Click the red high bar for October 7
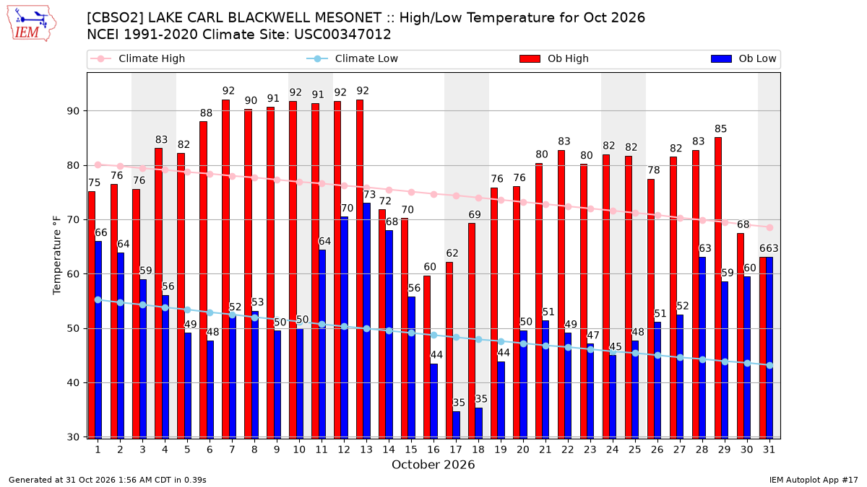(x=225, y=269)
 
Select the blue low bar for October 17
(x=457, y=425)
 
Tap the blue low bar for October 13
(x=366, y=321)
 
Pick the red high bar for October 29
(x=718, y=288)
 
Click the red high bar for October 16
(x=427, y=357)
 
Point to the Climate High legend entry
(x=138, y=58)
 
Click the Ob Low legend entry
(x=743, y=58)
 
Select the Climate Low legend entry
(x=353, y=58)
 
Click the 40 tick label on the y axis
(x=73, y=382)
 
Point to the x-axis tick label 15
(x=411, y=449)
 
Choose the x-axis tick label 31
(x=769, y=449)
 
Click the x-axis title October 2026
(x=433, y=465)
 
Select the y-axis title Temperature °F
(x=57, y=255)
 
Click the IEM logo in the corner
(x=31, y=23)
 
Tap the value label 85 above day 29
(x=721, y=128)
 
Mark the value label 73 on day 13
(x=369, y=194)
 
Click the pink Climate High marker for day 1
(x=98, y=165)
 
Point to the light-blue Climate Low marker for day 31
(x=770, y=365)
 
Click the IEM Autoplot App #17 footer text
(x=814, y=480)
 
